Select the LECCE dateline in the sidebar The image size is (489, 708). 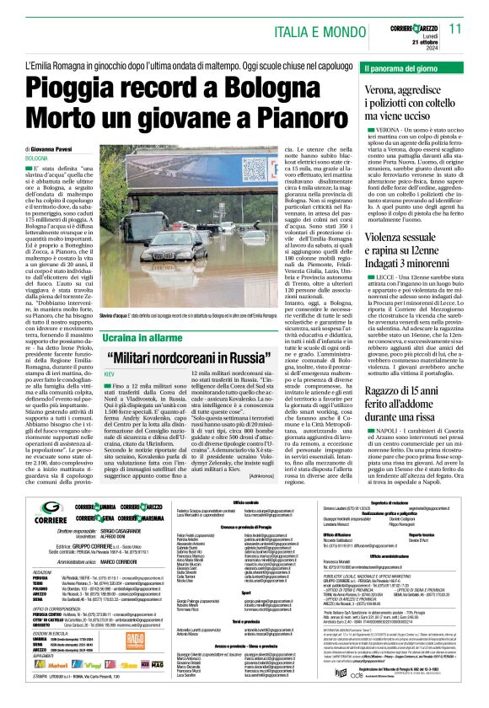(x=381, y=253)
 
